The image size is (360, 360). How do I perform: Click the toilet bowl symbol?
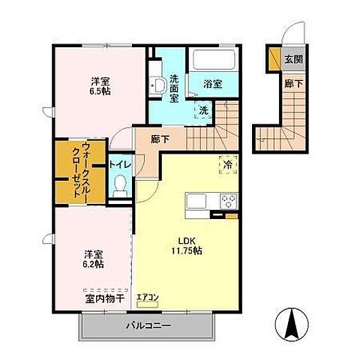click(121, 186)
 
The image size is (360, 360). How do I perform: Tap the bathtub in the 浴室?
click(214, 59)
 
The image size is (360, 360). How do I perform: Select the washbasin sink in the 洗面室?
click(158, 85)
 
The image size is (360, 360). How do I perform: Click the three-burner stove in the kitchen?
click(229, 201)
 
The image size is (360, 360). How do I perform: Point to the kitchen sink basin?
click(196, 201)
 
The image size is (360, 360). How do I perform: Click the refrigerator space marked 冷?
click(228, 164)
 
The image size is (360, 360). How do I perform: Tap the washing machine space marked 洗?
click(204, 110)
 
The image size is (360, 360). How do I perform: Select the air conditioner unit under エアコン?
click(148, 304)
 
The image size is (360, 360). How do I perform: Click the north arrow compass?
click(292, 324)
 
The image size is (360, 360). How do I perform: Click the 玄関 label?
click(294, 59)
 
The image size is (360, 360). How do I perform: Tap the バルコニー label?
click(148, 325)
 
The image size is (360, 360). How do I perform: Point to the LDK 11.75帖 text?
click(187, 245)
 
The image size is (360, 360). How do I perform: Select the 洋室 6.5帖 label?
click(100, 86)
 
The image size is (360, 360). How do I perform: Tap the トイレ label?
click(120, 165)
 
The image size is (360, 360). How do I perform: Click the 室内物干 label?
click(105, 298)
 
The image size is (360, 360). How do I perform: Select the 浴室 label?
click(212, 84)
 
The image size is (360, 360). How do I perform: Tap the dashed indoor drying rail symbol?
click(106, 290)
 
